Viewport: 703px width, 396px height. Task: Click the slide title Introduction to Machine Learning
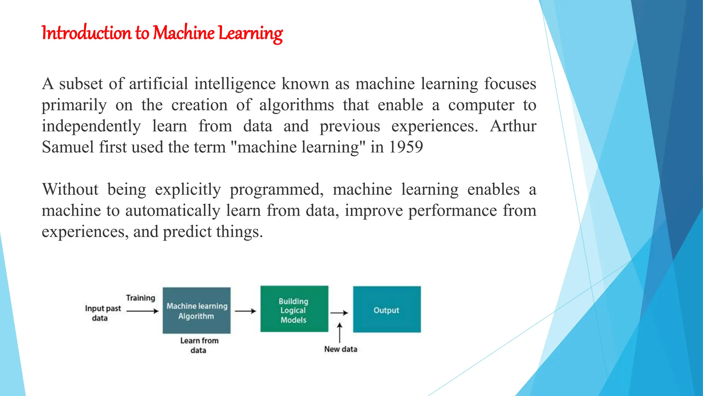click(162, 33)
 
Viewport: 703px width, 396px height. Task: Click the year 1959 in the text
click(406, 147)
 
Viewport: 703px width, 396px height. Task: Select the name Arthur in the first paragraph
click(513, 126)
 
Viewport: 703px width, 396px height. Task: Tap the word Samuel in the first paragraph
click(68, 147)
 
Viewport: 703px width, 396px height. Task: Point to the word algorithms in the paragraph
click(296, 105)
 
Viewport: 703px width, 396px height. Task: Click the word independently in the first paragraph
click(91, 126)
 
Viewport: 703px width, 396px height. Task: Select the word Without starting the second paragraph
click(70, 189)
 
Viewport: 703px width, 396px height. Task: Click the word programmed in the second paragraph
click(276, 189)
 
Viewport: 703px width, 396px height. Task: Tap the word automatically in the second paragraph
click(172, 211)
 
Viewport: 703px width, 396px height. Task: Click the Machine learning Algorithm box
click(197, 310)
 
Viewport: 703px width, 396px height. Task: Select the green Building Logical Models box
click(294, 309)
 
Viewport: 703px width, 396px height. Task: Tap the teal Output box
click(387, 309)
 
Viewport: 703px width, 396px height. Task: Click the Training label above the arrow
click(140, 298)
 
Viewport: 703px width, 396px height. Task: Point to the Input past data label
click(102, 313)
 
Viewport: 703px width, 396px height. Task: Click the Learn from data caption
click(199, 345)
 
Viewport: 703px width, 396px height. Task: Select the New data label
click(341, 349)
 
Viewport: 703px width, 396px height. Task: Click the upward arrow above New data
click(339, 332)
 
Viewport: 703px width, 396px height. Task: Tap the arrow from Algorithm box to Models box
click(245, 311)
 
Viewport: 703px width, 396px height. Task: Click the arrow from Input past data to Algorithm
click(142, 311)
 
